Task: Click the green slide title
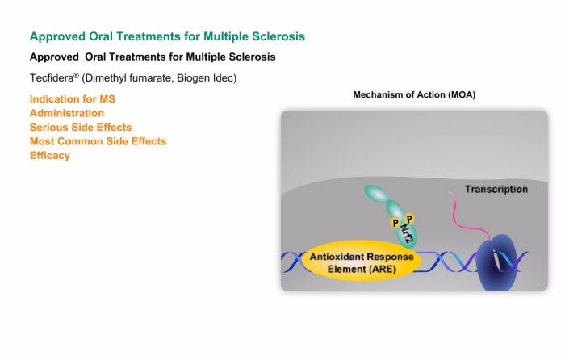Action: click(x=167, y=36)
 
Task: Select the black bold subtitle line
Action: click(x=153, y=57)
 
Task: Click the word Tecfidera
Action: click(x=52, y=77)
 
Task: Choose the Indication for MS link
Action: click(x=73, y=99)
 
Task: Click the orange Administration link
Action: click(x=67, y=113)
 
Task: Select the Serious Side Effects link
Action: click(x=81, y=128)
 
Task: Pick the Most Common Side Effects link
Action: click(x=98, y=141)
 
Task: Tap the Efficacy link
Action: click(x=50, y=155)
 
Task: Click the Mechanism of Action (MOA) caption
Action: click(x=414, y=94)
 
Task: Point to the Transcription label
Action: click(x=496, y=189)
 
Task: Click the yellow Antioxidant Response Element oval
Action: click(x=362, y=261)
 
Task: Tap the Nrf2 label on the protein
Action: click(x=407, y=234)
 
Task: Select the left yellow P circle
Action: click(x=395, y=223)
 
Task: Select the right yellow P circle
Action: click(x=409, y=219)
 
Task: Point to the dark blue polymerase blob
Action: click(x=496, y=262)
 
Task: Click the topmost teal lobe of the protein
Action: click(x=376, y=193)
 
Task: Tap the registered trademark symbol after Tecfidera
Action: click(x=77, y=75)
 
